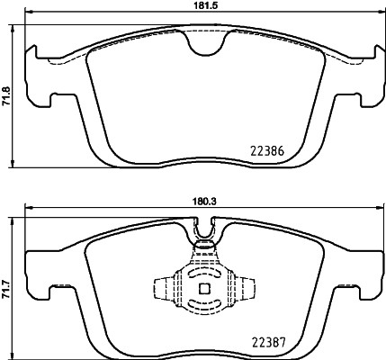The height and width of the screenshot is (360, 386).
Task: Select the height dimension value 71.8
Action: (7, 92)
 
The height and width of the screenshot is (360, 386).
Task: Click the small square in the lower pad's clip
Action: (203, 289)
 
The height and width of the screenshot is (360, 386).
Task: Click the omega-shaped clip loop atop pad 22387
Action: (205, 236)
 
